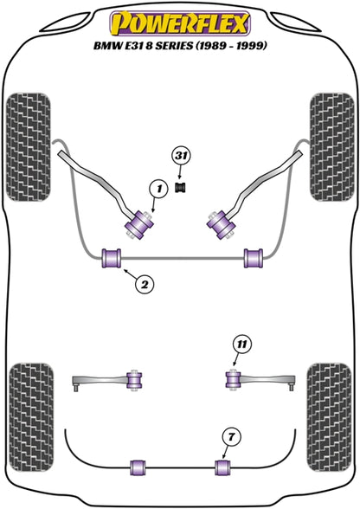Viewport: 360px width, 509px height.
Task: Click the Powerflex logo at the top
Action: [180, 23]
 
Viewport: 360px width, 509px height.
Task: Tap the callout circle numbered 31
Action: [182, 156]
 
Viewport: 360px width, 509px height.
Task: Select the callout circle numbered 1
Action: [158, 189]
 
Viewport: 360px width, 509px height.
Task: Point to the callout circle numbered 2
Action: [145, 285]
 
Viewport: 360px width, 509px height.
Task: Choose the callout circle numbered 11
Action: [241, 345]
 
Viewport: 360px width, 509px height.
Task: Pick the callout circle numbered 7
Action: [231, 437]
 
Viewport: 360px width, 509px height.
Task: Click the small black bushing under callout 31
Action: [182, 187]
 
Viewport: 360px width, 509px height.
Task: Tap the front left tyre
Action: [29, 147]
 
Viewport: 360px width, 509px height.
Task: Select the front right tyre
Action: [331, 147]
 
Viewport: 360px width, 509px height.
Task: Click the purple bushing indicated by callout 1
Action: [139, 225]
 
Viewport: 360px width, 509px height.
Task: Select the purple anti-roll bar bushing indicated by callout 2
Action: [112, 258]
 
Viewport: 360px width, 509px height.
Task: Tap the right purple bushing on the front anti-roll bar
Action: [254, 258]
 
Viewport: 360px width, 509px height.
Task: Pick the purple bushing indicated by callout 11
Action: [233, 379]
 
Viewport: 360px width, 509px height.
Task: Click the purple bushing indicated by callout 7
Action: [222, 467]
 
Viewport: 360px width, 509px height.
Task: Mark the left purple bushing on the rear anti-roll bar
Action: [138, 467]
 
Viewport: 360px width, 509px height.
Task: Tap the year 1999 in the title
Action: [249, 45]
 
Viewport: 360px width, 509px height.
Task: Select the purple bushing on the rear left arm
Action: [134, 379]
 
